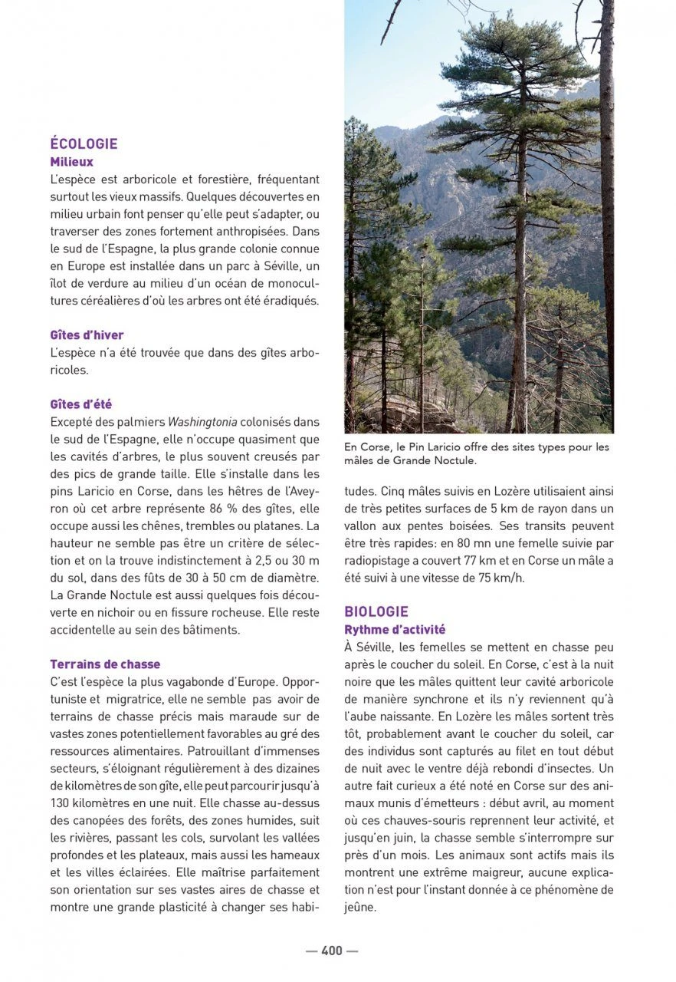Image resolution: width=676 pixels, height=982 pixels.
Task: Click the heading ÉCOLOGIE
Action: (84, 143)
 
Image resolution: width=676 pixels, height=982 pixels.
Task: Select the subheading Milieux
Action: (71, 162)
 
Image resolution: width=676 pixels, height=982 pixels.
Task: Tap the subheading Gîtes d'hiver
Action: (87, 335)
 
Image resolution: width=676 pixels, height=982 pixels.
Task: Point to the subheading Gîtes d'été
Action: (80, 404)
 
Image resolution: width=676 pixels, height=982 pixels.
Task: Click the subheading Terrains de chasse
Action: (105, 664)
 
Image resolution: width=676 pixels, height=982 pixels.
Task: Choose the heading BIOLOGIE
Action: (376, 611)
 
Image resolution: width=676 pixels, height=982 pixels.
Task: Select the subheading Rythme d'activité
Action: (395, 630)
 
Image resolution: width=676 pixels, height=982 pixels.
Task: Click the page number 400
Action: (332, 951)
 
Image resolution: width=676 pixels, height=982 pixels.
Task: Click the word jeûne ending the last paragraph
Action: (360, 908)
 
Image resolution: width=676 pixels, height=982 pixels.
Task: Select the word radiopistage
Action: (379, 561)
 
